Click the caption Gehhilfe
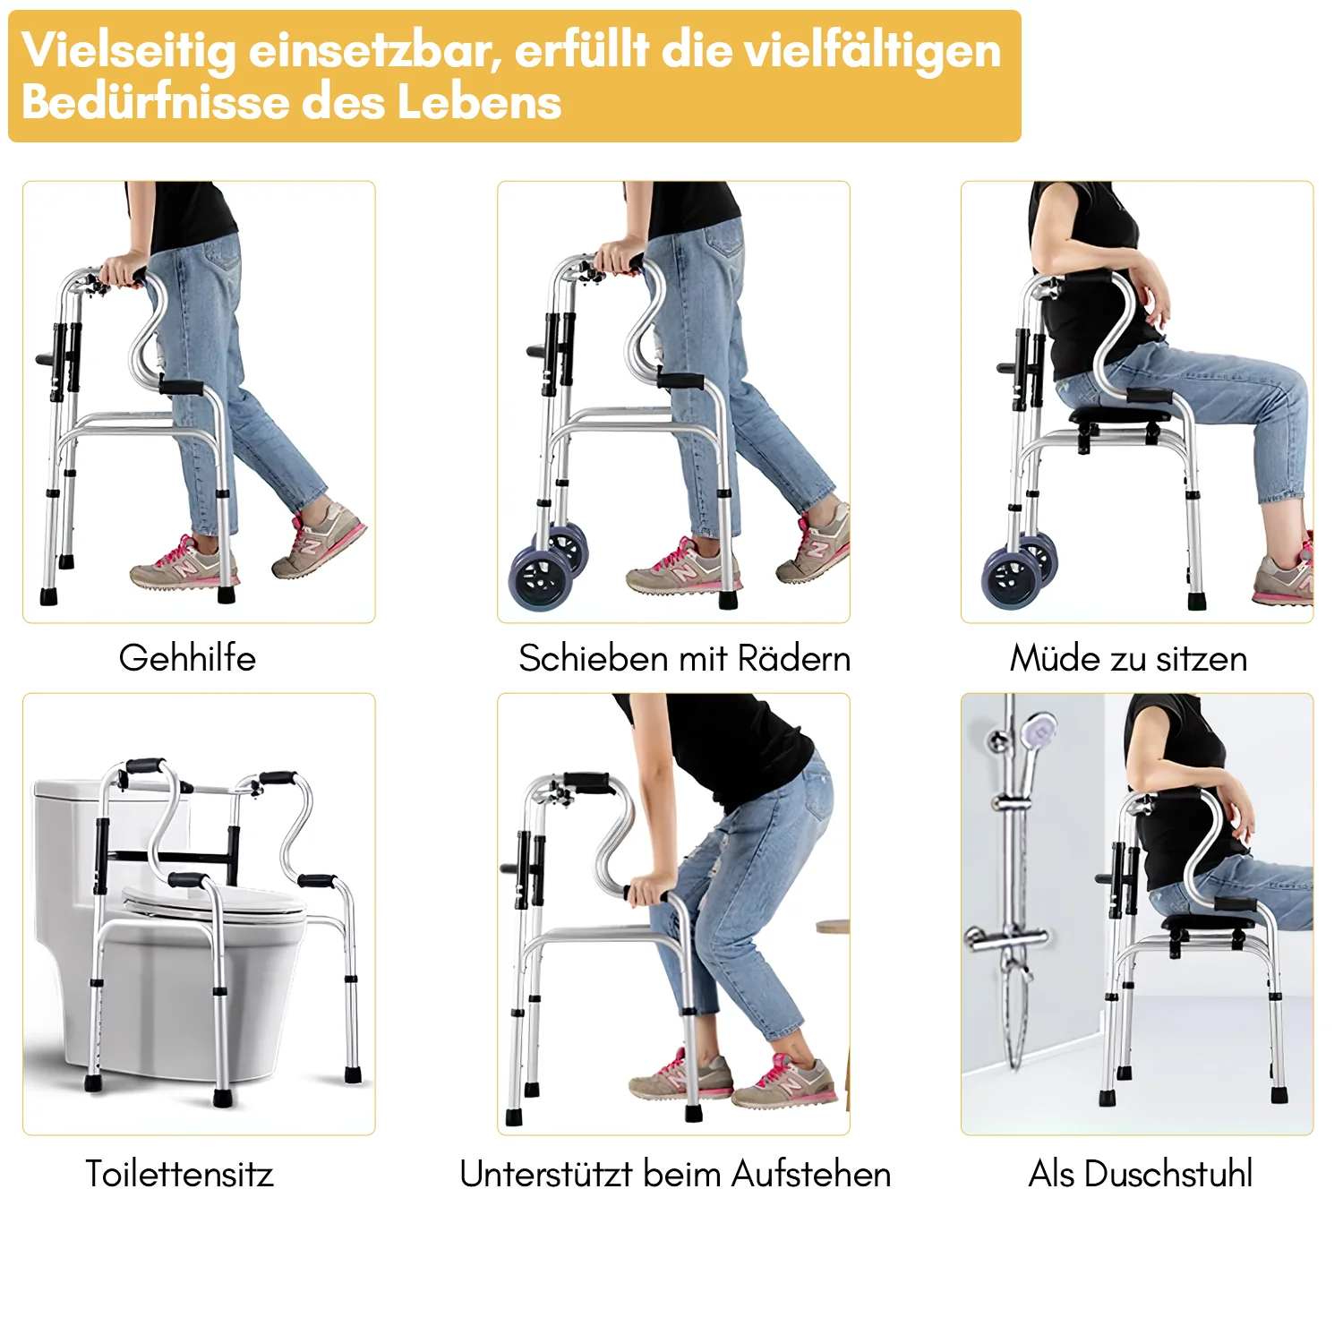(x=187, y=658)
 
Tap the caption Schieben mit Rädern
(x=684, y=659)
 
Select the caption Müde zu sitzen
(x=1128, y=659)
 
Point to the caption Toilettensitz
(x=179, y=1174)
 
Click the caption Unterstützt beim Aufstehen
(x=675, y=1174)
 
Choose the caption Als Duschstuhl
(x=1140, y=1174)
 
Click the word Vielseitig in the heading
(x=128, y=50)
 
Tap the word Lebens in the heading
(x=479, y=101)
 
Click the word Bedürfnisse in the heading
(x=153, y=101)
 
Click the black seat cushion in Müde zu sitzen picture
(x=1119, y=414)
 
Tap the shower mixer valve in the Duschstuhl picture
(x=1007, y=938)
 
